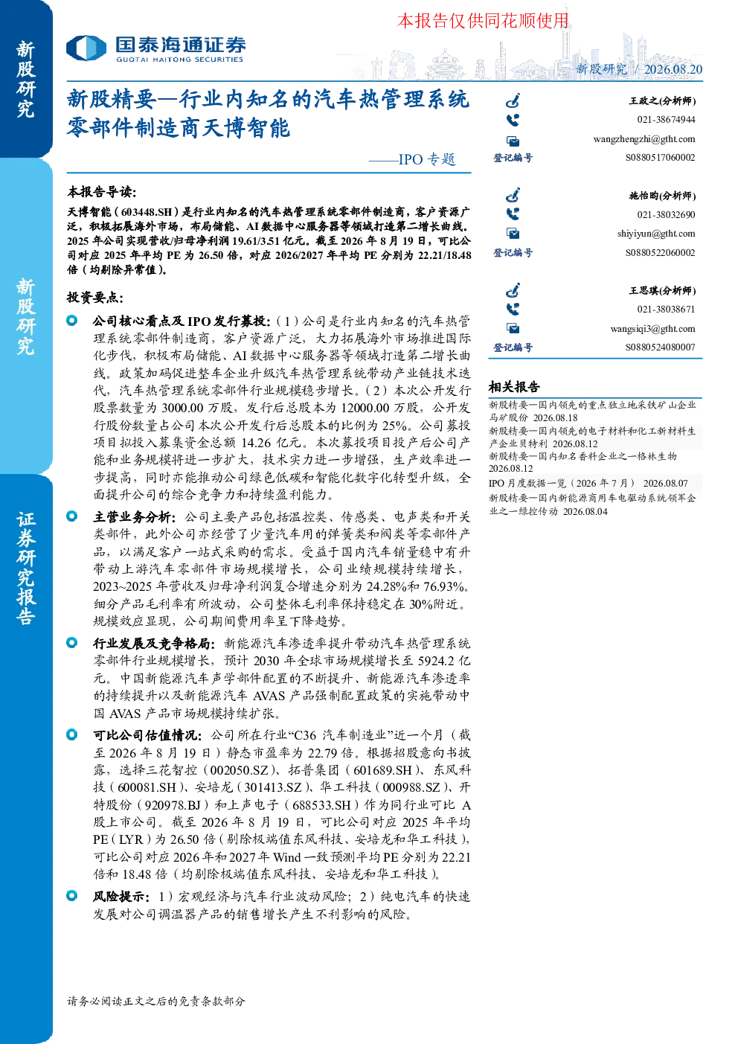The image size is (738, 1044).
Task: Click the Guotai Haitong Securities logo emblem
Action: pyautogui.click(x=86, y=48)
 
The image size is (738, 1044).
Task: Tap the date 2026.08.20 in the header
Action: pyautogui.click(x=673, y=69)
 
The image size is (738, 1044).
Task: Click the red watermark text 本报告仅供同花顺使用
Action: pyautogui.click(x=483, y=21)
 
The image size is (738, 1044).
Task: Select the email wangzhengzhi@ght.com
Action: pyautogui.click(x=644, y=139)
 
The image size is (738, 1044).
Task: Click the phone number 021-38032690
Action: pyautogui.click(x=666, y=214)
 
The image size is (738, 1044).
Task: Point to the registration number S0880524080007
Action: pyautogui.click(x=660, y=347)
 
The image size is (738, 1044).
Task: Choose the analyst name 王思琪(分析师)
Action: pyautogui.click(x=662, y=290)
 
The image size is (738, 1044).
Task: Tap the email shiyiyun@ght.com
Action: pyautogui.click(x=656, y=234)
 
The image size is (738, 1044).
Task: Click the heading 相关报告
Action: pyautogui.click(x=514, y=386)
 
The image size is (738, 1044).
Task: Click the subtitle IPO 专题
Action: pyautogui.click(x=427, y=159)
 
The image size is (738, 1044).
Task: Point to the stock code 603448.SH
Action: pyautogui.click(x=147, y=212)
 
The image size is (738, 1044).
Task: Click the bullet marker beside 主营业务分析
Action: pyautogui.click(x=71, y=516)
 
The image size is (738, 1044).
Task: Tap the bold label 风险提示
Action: pyautogui.click(x=119, y=896)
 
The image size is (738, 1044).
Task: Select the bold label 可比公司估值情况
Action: pyautogui.click(x=145, y=735)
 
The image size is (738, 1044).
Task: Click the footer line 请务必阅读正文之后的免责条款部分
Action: pyautogui.click(x=155, y=1001)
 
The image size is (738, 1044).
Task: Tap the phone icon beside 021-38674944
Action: pyautogui.click(x=513, y=121)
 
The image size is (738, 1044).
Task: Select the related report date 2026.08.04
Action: pyautogui.click(x=585, y=511)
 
